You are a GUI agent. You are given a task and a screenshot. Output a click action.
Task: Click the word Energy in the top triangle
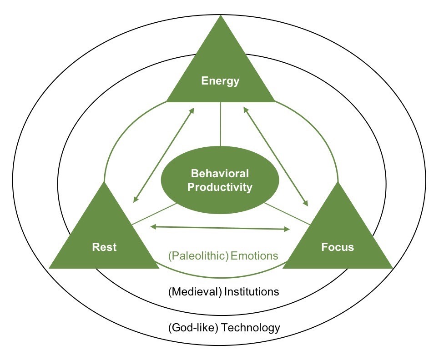pos(220,81)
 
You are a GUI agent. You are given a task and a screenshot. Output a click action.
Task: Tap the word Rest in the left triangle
pos(104,247)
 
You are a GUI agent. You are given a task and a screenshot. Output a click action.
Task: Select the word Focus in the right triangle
pos(337,247)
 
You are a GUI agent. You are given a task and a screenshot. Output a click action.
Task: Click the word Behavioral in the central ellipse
pos(220,173)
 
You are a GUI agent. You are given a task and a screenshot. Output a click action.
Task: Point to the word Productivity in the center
pos(220,187)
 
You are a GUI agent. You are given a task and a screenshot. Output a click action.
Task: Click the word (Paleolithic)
pos(198,256)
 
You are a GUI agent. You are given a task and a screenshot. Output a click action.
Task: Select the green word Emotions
pos(254,256)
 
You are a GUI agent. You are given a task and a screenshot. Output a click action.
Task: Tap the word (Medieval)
pos(194,291)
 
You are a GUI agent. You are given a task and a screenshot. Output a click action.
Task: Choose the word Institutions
pos(251,291)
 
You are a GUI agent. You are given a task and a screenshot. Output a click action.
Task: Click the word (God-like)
pos(192,327)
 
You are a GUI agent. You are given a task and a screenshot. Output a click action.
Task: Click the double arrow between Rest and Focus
pos(220,227)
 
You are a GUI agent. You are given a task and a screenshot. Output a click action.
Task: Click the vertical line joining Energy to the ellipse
pos(221,124)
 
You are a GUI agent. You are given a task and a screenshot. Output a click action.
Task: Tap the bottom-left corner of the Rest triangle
pos(50,268)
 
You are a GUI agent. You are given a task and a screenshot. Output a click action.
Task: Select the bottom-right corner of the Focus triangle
pos(392,268)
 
